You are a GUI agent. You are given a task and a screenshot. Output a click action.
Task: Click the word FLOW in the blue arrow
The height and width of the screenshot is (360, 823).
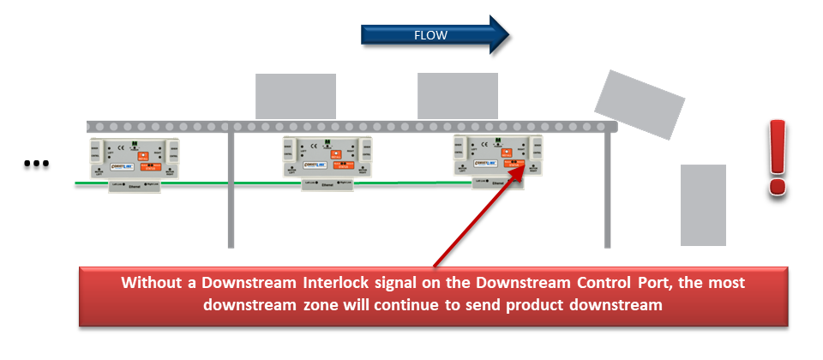click(x=430, y=36)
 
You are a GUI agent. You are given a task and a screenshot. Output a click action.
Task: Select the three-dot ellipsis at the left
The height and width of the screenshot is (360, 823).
click(x=36, y=163)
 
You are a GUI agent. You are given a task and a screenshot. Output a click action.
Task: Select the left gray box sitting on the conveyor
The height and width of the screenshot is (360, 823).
click(x=284, y=96)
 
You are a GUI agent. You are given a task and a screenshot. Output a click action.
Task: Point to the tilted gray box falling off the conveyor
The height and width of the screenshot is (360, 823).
click(x=640, y=104)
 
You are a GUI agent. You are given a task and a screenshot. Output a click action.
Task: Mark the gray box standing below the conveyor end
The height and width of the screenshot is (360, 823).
click(x=703, y=205)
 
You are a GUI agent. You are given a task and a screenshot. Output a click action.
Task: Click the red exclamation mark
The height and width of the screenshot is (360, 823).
click(x=778, y=159)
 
